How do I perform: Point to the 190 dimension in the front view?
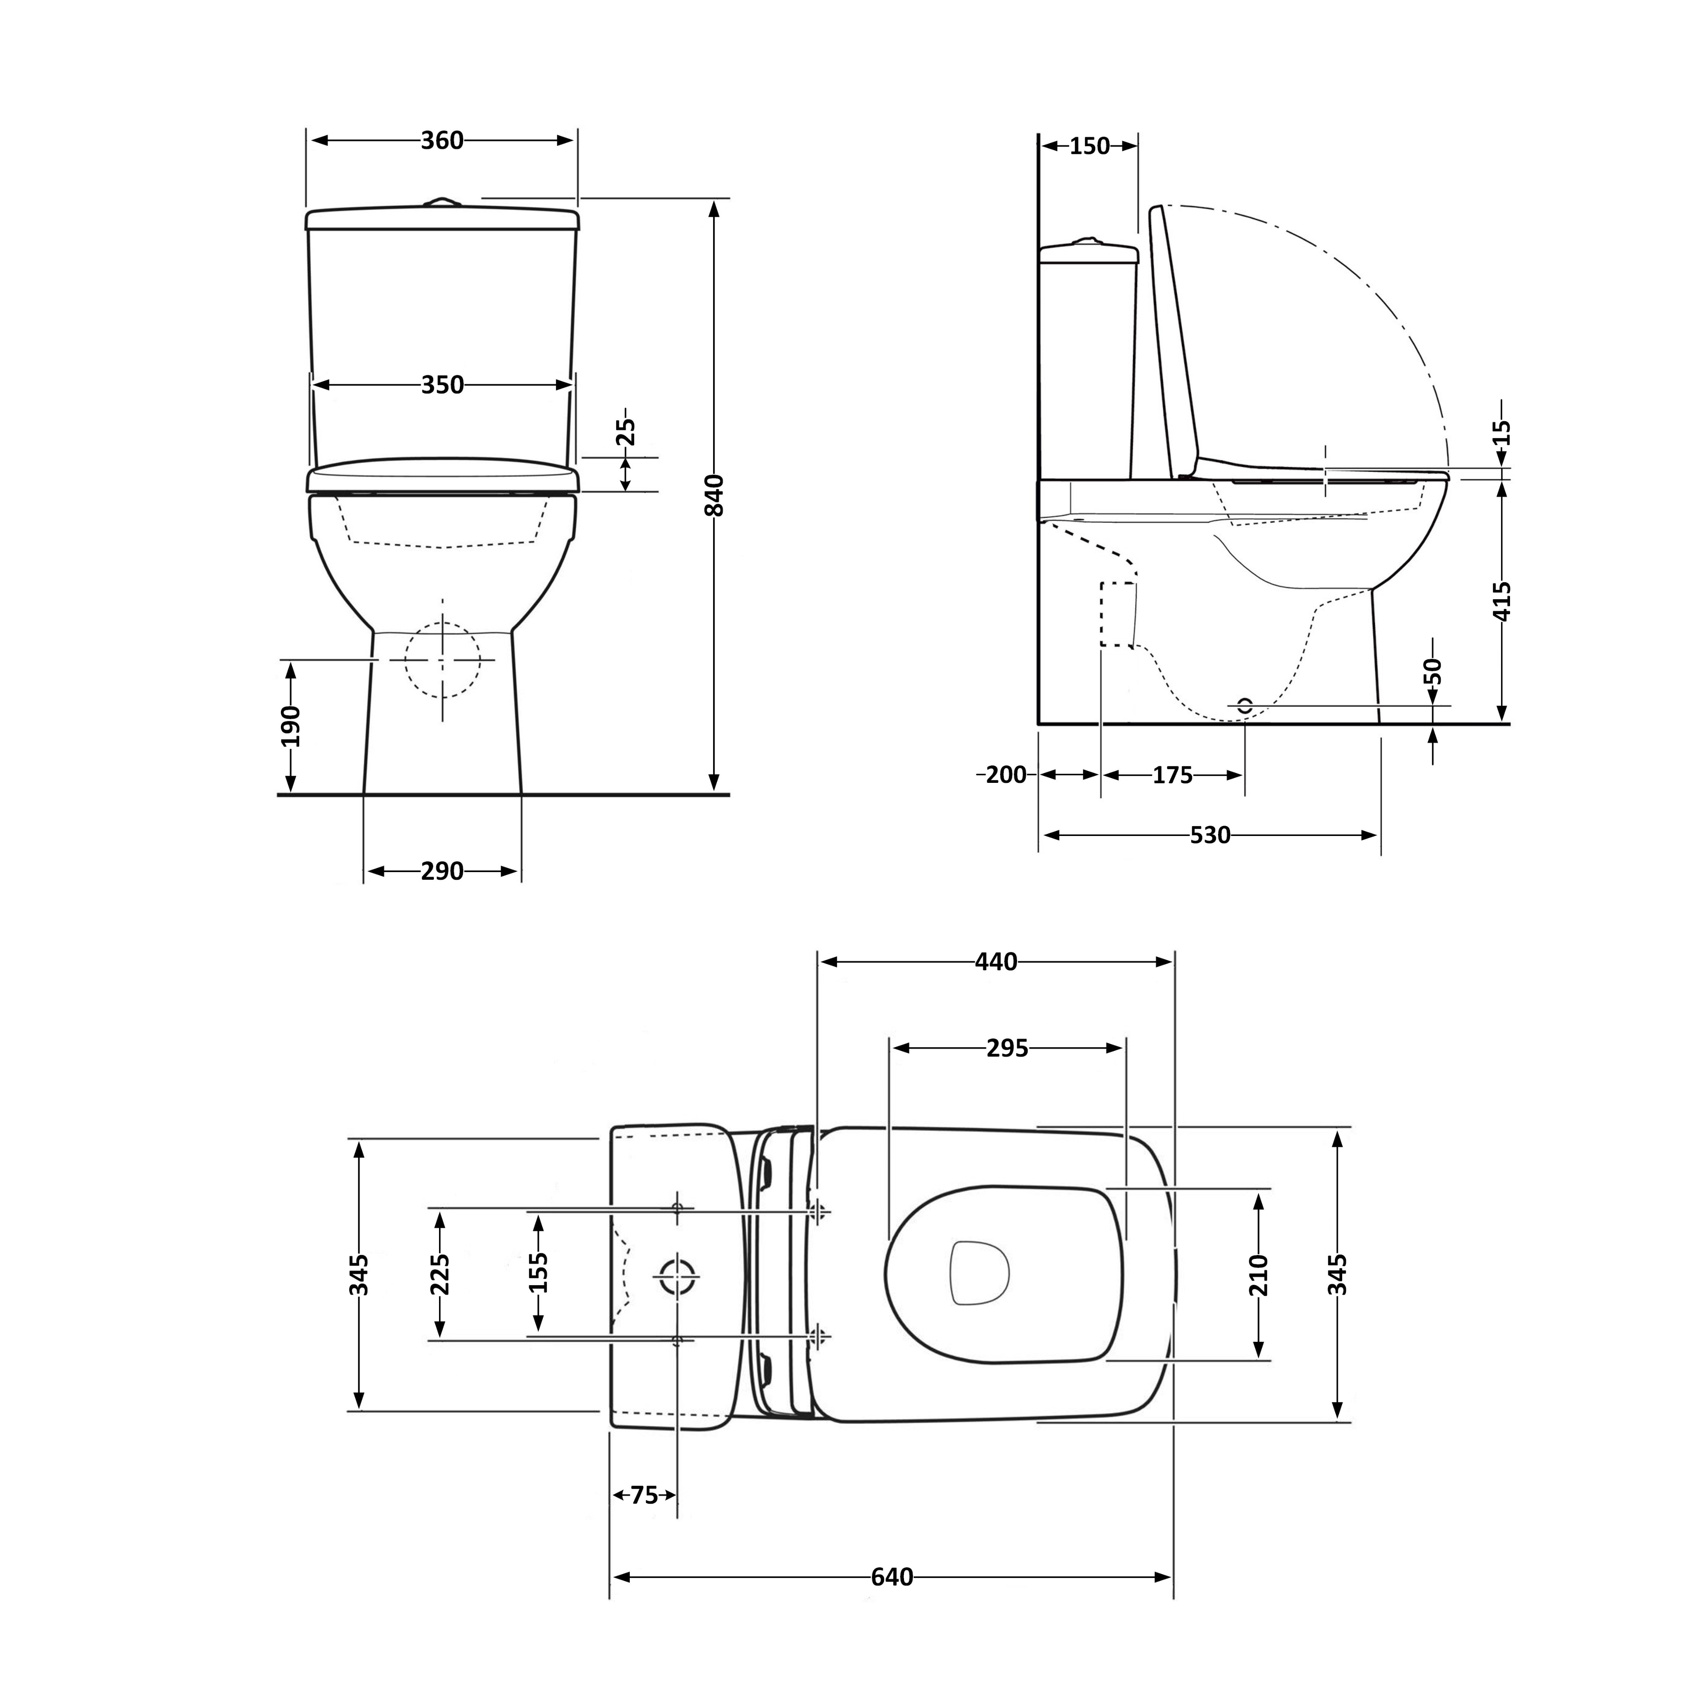point(290,726)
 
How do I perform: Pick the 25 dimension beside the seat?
point(625,432)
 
